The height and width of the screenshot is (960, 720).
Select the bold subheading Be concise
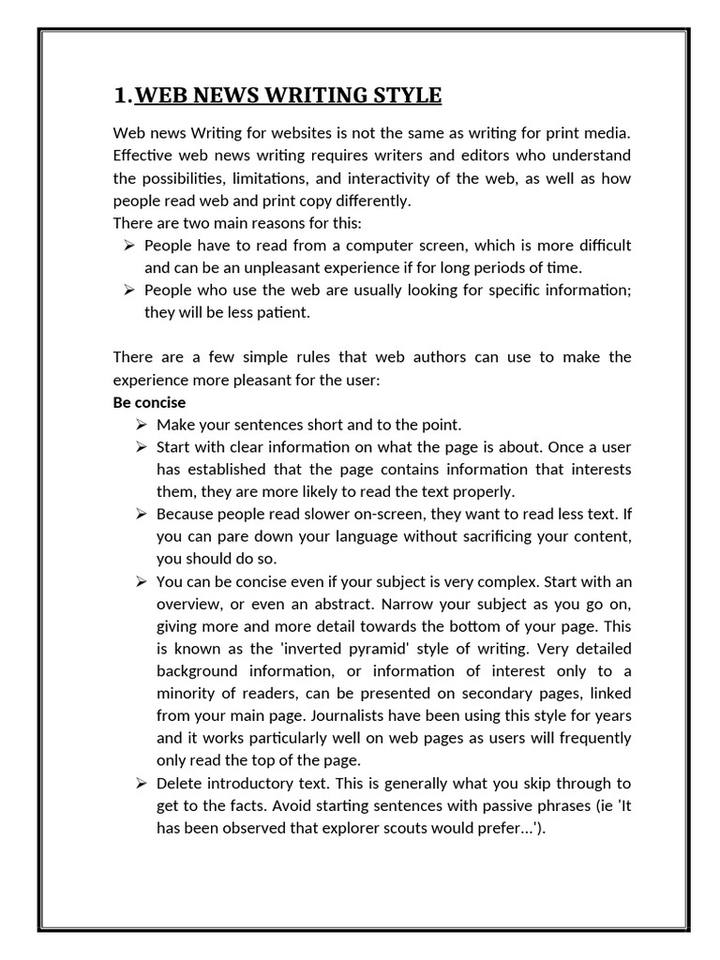coord(149,402)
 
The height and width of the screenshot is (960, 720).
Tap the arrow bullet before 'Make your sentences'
coord(141,425)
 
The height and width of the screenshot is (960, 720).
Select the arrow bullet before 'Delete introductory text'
coord(141,783)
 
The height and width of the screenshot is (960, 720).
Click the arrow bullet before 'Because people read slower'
coord(141,514)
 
